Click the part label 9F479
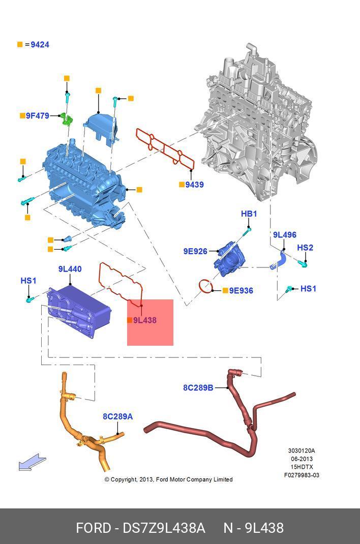click(x=38, y=116)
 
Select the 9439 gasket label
click(x=194, y=185)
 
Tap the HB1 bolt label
click(x=249, y=214)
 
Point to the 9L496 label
click(x=284, y=235)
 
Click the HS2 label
click(x=305, y=248)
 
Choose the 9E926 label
click(x=195, y=251)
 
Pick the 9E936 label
click(x=241, y=291)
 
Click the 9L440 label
click(x=70, y=269)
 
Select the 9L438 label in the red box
click(x=145, y=320)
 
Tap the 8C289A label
click(x=117, y=417)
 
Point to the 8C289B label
click(x=198, y=388)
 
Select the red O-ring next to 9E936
click(x=205, y=287)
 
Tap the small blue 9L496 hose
click(x=279, y=261)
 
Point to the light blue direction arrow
click(x=32, y=463)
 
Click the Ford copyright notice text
click(x=168, y=479)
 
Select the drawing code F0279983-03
click(x=302, y=475)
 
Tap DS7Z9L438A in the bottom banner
click(x=164, y=528)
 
